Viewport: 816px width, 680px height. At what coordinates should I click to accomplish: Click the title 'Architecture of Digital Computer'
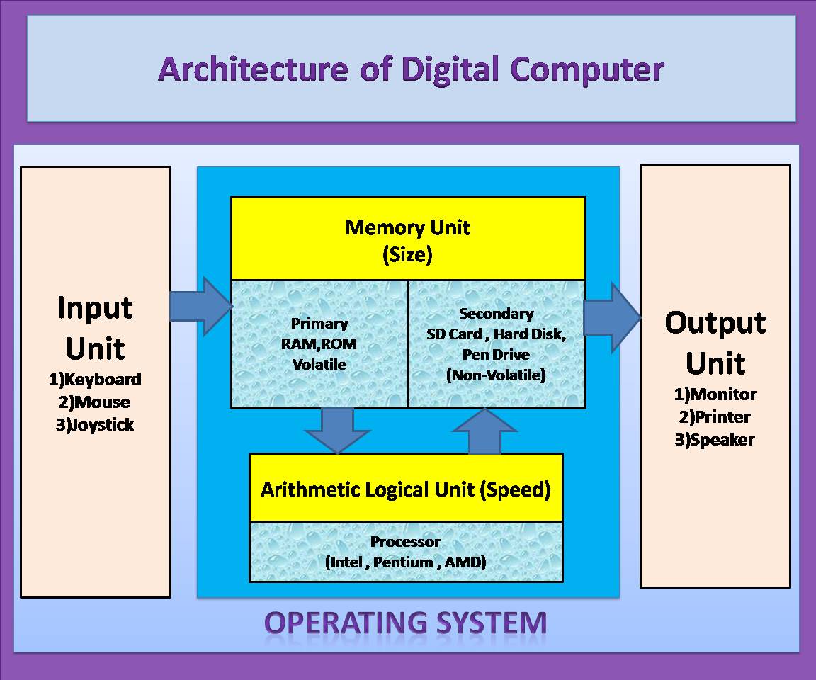point(411,69)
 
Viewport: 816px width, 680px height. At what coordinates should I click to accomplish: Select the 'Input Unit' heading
point(95,328)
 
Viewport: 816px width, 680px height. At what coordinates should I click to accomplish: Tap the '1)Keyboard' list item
point(95,380)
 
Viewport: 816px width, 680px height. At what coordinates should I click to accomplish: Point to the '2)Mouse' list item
point(95,402)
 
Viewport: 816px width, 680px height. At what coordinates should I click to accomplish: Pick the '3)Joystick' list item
point(95,425)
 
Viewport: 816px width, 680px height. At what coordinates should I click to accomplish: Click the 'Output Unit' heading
point(715,343)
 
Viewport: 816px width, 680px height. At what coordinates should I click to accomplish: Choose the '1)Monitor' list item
point(715,395)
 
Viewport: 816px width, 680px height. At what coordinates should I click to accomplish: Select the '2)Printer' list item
point(715,417)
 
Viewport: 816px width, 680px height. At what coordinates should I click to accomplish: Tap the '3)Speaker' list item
point(715,440)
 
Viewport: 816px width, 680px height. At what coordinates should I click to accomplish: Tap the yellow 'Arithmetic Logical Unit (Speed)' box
point(406,489)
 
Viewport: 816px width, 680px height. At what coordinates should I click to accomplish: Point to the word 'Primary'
point(319,324)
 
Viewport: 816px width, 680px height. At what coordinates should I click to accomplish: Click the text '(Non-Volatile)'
point(496,375)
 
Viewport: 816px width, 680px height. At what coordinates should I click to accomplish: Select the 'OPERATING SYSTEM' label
point(406,623)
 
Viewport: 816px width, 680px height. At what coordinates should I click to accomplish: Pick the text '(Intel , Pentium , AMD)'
point(406,563)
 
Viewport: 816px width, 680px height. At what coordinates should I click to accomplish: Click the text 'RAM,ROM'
point(319,344)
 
